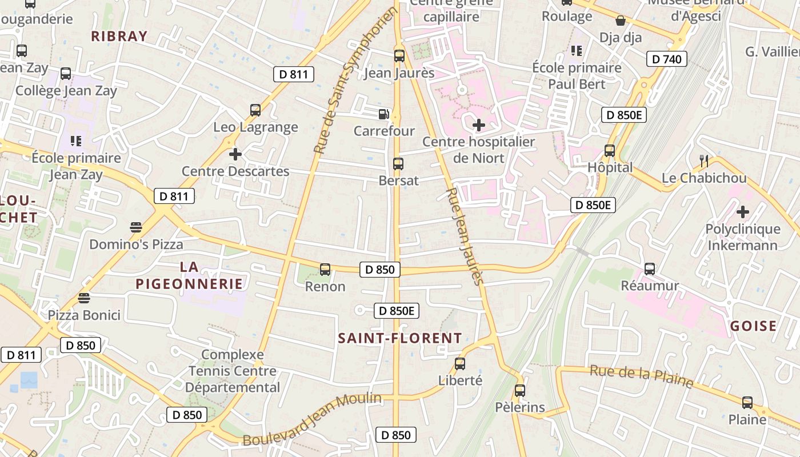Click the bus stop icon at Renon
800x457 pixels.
click(x=325, y=269)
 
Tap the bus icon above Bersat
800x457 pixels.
click(x=398, y=164)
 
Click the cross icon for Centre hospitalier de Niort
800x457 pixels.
click(x=479, y=125)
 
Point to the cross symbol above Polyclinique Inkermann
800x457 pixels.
click(x=742, y=212)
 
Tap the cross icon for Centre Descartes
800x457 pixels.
click(x=235, y=154)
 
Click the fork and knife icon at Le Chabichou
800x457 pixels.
click(x=704, y=161)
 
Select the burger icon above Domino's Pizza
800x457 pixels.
click(x=135, y=227)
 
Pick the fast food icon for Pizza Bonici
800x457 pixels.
click(x=84, y=298)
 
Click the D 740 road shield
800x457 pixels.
click(x=667, y=59)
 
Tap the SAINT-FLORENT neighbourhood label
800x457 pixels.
click(x=400, y=338)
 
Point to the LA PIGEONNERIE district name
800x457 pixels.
click(x=189, y=275)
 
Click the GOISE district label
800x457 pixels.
click(x=754, y=326)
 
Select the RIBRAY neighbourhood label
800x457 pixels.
click(x=119, y=36)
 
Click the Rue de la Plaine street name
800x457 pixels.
click(x=642, y=376)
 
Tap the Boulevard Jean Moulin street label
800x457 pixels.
click(x=312, y=419)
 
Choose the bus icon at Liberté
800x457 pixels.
click(x=460, y=363)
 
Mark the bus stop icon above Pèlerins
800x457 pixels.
click(x=519, y=391)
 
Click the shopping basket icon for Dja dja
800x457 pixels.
click(x=621, y=21)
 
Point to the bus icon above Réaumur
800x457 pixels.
click(x=650, y=268)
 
